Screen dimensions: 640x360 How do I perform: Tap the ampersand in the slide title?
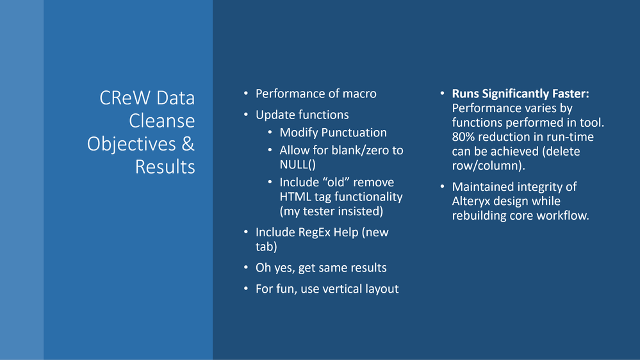[x=188, y=143]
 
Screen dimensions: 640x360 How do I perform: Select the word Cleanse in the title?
[x=162, y=121]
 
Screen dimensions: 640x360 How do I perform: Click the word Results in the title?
[x=165, y=167]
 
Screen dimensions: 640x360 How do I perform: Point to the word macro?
[x=359, y=94]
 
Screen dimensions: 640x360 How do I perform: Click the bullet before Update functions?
[x=246, y=115]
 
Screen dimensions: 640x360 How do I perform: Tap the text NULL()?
[x=297, y=165]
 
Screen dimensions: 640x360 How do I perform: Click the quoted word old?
[x=336, y=182]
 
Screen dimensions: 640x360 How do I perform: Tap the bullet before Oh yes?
[x=246, y=267]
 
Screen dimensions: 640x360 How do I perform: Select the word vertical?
[x=341, y=289]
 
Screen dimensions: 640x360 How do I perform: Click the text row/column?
[x=486, y=166]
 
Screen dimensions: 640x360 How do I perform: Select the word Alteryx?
[x=471, y=201]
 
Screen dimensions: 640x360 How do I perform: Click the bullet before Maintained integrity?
[x=443, y=186]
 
